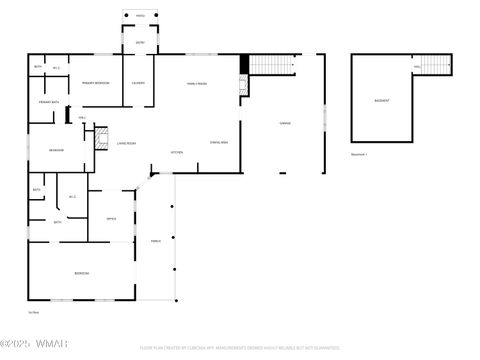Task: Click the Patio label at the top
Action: pyautogui.click(x=140, y=17)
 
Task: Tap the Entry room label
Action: pyautogui.click(x=140, y=43)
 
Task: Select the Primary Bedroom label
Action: pyautogui.click(x=95, y=84)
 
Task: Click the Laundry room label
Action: pyautogui.click(x=139, y=84)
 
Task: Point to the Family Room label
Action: pyautogui.click(x=197, y=84)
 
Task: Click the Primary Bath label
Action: pyautogui.click(x=48, y=103)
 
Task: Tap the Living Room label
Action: pyautogui.click(x=126, y=144)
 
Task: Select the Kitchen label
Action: pyautogui.click(x=176, y=153)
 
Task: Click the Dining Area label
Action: pyautogui.click(x=219, y=144)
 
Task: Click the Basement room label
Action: pyautogui.click(x=382, y=101)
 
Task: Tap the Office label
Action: pyautogui.click(x=111, y=219)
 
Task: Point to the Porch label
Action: pyautogui.click(x=156, y=241)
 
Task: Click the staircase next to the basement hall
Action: pyautogui.click(x=438, y=65)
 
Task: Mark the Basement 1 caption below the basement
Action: pyautogui.click(x=359, y=155)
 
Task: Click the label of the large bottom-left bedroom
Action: pyautogui.click(x=81, y=273)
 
